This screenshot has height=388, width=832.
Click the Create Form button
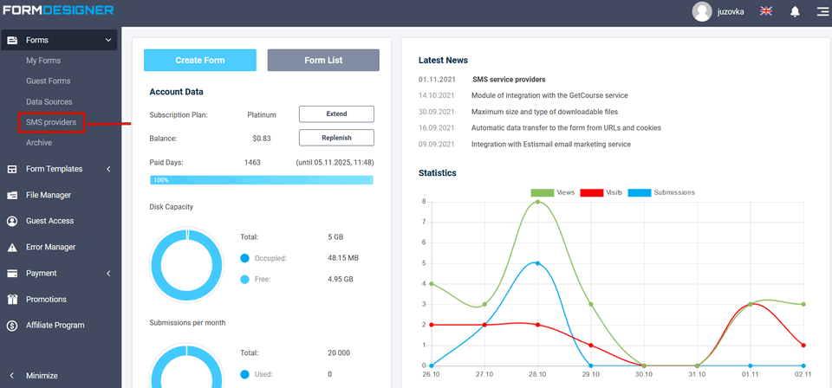200,60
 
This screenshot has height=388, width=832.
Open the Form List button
323,60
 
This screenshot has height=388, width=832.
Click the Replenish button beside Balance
336,138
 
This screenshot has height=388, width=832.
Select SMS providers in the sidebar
51,122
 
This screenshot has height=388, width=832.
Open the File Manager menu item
49,195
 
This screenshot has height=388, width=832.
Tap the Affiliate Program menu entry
55,325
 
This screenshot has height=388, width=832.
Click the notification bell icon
795,11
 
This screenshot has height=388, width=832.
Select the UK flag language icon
766,11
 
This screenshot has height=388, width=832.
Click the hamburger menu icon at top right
822,11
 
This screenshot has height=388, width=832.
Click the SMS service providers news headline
509,79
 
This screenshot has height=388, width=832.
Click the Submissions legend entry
673,192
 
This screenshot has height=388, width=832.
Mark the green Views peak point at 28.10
537,202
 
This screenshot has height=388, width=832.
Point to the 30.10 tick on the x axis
644,375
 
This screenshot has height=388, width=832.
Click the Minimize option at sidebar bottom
42,375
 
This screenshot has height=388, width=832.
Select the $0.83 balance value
262,138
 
